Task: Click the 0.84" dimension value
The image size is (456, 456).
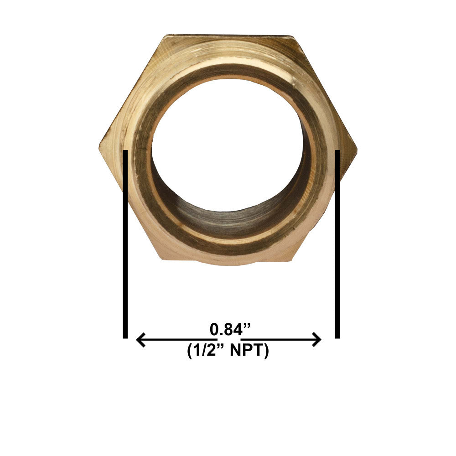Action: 230,329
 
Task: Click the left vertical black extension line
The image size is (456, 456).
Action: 125,246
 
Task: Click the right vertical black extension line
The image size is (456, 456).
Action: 337,246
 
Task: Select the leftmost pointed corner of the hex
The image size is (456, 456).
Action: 100,147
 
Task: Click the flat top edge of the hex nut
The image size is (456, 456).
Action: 228,36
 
